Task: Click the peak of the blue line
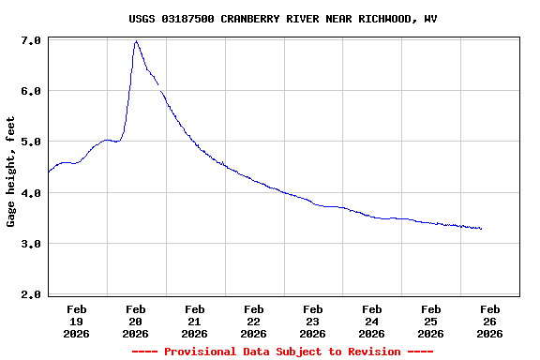[137, 41]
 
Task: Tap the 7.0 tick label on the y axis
[30, 41]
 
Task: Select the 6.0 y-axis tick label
[30, 92]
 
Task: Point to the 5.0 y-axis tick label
[30, 142]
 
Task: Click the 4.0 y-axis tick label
[30, 193]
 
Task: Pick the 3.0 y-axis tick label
[30, 244]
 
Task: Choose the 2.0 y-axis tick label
[30, 294]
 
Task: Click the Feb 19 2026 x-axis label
[77, 321]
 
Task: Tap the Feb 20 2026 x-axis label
[136, 321]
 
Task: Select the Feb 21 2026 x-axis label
[195, 321]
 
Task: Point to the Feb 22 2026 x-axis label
[254, 321]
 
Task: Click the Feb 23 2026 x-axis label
[313, 321]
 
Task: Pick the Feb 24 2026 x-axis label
[372, 321]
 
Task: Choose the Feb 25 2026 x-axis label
[431, 321]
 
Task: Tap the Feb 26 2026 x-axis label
[490, 321]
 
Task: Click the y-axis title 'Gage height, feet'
[11, 172]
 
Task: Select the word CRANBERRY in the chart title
[250, 19]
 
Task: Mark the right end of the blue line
[481, 229]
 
